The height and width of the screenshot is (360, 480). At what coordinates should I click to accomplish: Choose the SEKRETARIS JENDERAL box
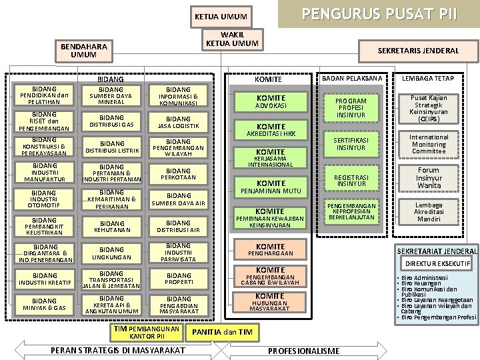tap(418, 51)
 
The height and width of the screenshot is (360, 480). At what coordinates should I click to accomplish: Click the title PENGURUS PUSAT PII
tap(379, 14)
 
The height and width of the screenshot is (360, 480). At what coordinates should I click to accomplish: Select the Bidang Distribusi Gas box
tap(111, 121)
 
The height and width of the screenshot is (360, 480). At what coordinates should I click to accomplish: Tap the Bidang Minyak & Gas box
tap(45, 305)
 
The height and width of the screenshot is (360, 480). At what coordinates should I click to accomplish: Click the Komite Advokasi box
tap(271, 101)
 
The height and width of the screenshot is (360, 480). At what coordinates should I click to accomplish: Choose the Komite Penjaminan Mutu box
tap(271, 187)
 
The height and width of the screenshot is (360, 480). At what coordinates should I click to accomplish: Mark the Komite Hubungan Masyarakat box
tap(271, 302)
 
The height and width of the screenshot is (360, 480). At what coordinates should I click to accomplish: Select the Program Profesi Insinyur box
tap(351, 107)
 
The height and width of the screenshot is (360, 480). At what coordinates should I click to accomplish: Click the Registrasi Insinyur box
tap(351, 180)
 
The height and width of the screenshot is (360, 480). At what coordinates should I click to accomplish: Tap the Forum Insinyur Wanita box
tap(429, 178)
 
